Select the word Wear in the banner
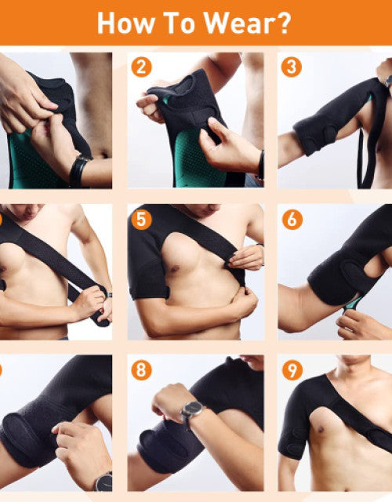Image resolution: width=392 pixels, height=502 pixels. (x=239, y=23)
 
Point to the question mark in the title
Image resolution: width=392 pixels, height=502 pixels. (x=282, y=23)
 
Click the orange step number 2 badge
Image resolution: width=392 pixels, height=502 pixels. (x=141, y=67)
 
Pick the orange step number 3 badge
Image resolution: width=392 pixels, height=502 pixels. (x=291, y=67)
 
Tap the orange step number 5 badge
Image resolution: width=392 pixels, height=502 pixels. (x=141, y=220)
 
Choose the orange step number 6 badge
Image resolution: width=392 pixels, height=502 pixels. (x=292, y=220)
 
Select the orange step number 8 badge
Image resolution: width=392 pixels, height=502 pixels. (x=141, y=370)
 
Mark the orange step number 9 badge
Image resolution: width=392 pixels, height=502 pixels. (x=292, y=370)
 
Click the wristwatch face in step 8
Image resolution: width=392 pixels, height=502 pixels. (x=192, y=409)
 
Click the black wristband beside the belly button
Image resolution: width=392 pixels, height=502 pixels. (x=78, y=171)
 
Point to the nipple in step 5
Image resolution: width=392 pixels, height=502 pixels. (x=174, y=268)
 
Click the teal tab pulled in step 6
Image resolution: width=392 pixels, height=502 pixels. (x=354, y=304)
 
